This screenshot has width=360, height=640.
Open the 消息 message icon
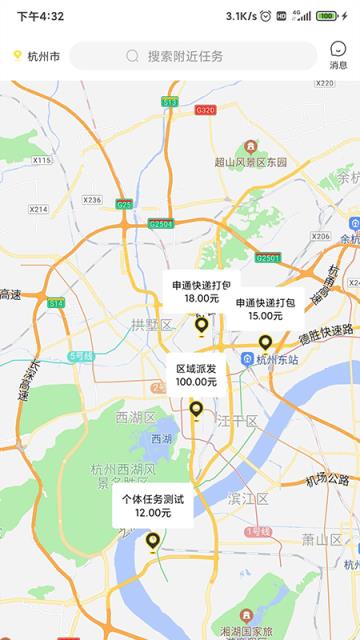[339, 54]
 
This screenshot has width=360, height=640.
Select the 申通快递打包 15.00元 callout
[265, 309]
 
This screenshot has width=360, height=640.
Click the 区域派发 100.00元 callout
[196, 375]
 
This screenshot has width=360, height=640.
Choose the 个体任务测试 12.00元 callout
[153, 505]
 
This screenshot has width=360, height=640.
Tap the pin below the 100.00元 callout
[196, 409]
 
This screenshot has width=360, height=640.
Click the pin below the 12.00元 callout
[153, 541]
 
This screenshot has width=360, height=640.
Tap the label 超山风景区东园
[250, 162]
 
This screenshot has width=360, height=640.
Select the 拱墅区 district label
[151, 324]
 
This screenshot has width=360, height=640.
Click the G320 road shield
[205, 110]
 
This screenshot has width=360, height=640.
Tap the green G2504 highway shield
[160, 224]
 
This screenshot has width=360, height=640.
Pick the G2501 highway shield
[267, 258]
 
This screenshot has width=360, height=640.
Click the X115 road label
[41, 160]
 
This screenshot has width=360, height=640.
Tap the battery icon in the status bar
[327, 16]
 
